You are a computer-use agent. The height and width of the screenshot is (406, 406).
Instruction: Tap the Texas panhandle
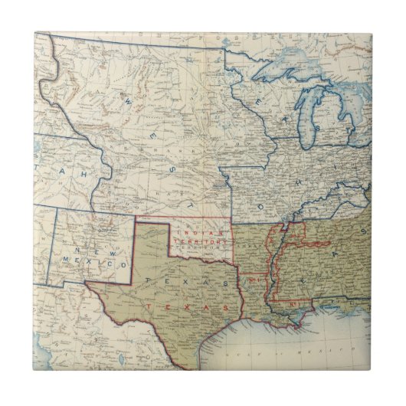click(152, 238)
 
